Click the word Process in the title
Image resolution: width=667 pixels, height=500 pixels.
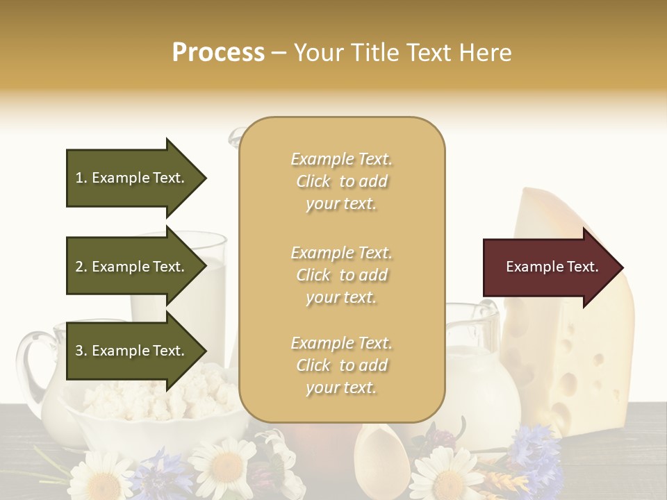tap(218, 53)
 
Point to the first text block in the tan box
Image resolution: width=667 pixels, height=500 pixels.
tap(341, 181)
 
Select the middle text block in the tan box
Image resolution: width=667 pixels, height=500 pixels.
tap(341, 275)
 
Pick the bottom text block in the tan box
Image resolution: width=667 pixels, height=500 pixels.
tap(341, 365)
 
